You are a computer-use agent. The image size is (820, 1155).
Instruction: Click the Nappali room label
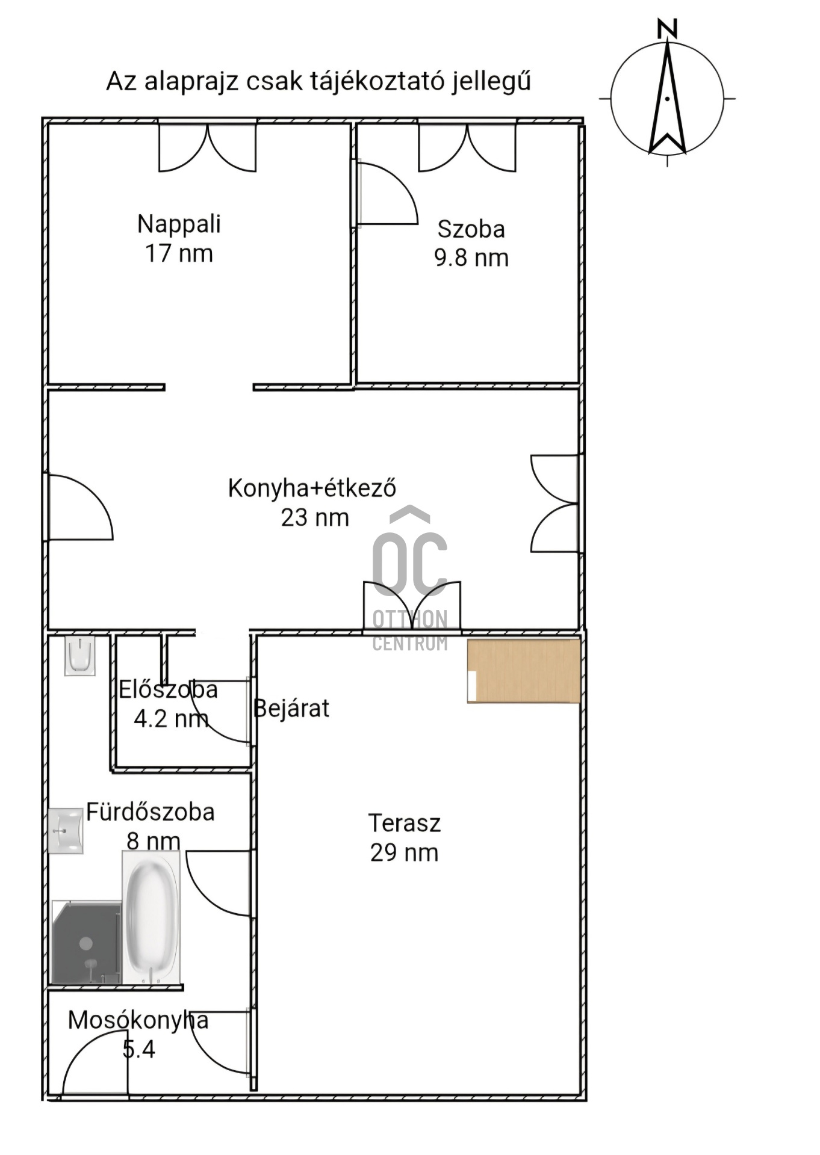click(179, 224)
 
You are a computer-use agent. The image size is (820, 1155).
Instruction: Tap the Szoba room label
click(471, 229)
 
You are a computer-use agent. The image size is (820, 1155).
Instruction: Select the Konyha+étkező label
click(312, 488)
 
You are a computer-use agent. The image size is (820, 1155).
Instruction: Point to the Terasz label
click(405, 823)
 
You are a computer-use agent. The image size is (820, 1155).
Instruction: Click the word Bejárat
click(291, 709)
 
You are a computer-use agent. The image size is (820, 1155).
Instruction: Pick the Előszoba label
click(168, 689)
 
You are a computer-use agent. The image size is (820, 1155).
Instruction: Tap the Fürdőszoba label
click(151, 812)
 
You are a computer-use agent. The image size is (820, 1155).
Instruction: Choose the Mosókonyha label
click(138, 1020)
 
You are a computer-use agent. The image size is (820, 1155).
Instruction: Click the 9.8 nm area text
click(471, 258)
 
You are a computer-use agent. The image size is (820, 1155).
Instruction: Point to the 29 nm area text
click(404, 853)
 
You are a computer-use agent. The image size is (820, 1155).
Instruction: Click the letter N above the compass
click(667, 28)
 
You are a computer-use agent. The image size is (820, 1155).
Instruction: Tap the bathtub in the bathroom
click(151, 917)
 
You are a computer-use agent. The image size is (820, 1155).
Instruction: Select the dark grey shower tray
click(87, 942)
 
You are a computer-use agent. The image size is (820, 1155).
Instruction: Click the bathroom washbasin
click(65, 831)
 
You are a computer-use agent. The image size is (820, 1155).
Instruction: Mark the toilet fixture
click(80, 656)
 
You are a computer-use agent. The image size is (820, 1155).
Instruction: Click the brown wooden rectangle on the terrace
click(524, 671)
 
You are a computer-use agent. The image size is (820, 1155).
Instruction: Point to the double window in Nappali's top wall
click(208, 147)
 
